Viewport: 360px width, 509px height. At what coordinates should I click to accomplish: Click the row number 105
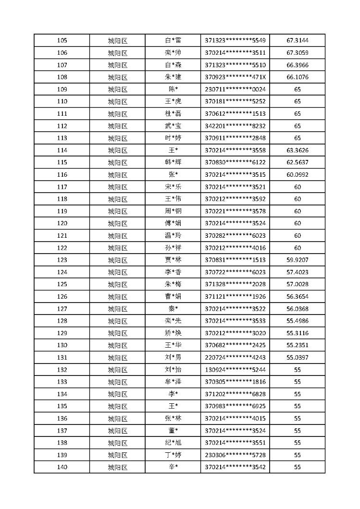pos(62,40)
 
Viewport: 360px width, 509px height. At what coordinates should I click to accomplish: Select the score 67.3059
pos(297,53)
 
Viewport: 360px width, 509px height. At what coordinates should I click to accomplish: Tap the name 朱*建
pos(173,77)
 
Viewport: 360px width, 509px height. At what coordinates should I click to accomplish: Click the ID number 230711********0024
pos(235,89)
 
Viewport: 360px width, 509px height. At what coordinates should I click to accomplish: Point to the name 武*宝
pos(173,126)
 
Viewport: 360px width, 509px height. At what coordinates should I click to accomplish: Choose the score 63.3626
pos(297,150)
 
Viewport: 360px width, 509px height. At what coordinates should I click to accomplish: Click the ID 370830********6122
pos(235,162)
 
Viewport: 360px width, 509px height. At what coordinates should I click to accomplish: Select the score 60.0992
pos(297,175)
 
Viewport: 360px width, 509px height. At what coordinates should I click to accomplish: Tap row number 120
pos(62,223)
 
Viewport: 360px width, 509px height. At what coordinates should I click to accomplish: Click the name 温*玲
pos(173,236)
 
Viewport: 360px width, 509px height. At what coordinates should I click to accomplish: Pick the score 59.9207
pos(297,260)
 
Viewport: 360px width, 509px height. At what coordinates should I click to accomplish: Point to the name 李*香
pos(173,272)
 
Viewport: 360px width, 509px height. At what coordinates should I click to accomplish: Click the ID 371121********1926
pos(235,297)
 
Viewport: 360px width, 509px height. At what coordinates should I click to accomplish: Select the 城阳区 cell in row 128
pos(117,321)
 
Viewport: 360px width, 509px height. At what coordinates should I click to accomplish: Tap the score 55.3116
pos(297,333)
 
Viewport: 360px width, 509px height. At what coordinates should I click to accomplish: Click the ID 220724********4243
pos(235,358)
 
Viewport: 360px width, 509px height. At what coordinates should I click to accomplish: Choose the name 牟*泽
pos(173,382)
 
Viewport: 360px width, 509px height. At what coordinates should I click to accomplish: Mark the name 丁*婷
pos(173,455)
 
